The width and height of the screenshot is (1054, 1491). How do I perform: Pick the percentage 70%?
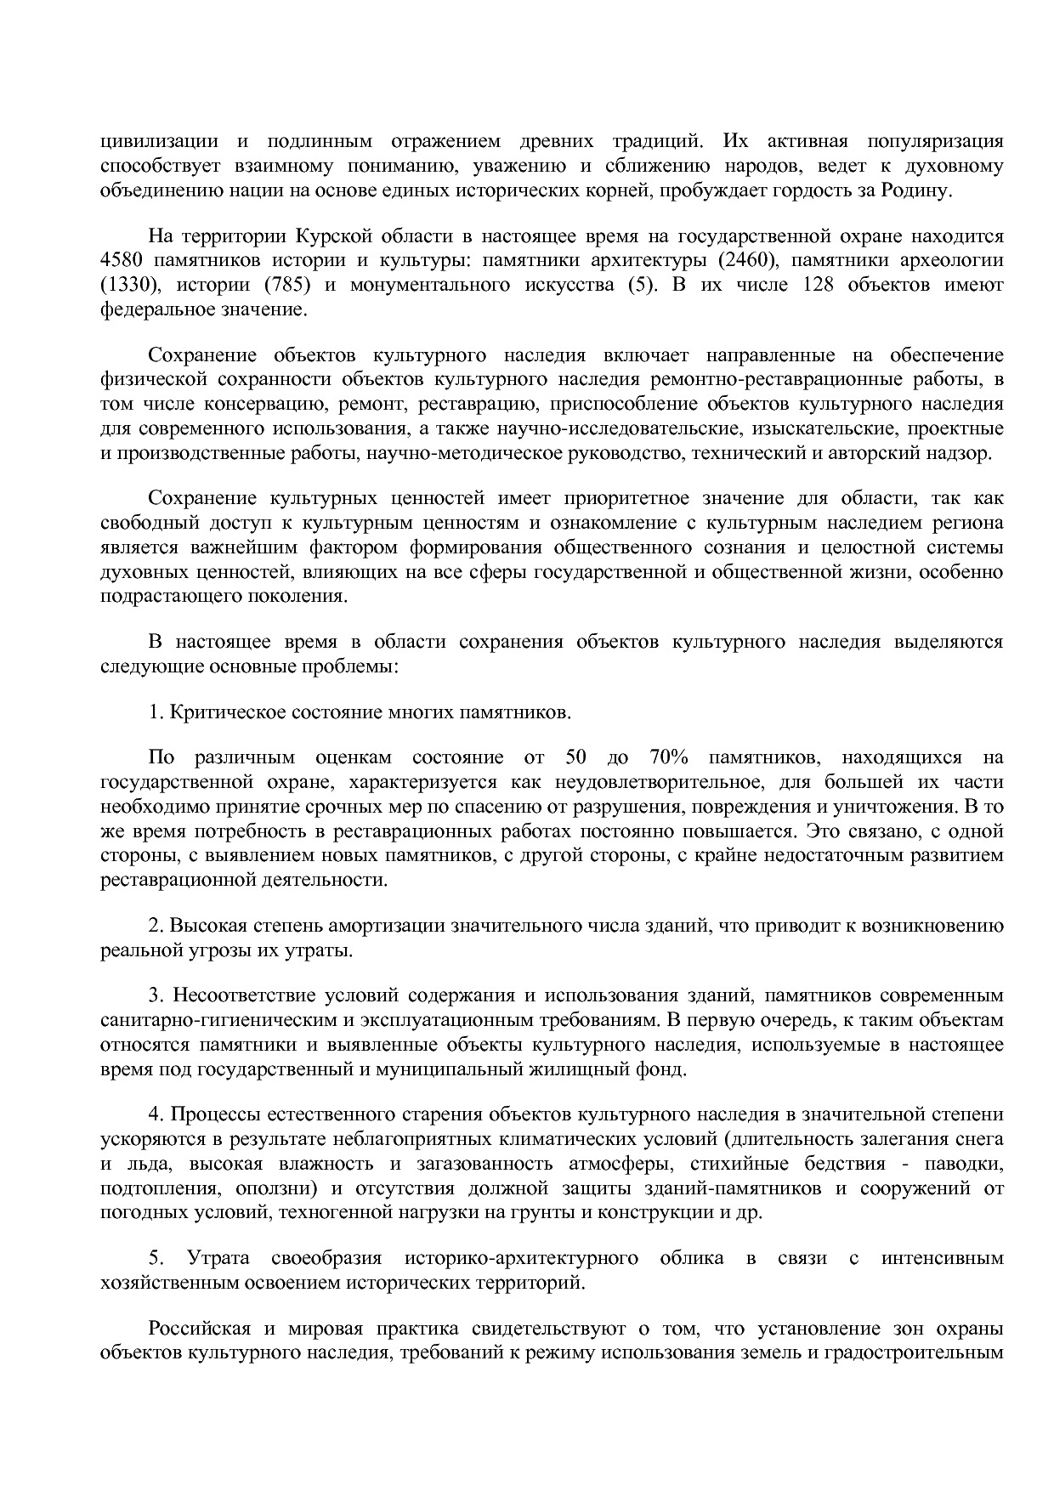pos(669,757)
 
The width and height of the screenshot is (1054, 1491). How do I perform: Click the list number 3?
pos(154,995)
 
